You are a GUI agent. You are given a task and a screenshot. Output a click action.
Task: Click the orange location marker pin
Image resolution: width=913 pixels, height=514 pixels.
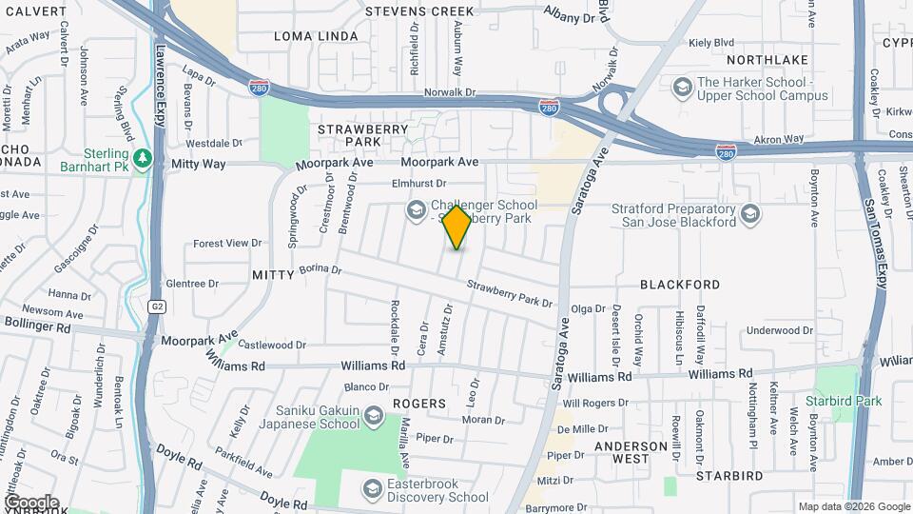coord(457,227)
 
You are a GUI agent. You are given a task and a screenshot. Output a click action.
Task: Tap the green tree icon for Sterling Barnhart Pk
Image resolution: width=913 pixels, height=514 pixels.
coord(144,157)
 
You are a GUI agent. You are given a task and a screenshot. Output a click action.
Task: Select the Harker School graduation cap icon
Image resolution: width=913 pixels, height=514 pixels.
coord(681,89)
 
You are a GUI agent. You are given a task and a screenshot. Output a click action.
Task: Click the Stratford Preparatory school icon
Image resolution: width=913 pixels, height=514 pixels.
coord(749,213)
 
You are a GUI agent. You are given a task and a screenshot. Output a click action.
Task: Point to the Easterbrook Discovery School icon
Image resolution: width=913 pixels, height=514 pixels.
coord(372,489)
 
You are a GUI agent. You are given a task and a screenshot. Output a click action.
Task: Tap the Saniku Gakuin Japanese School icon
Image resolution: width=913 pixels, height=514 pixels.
coord(374,416)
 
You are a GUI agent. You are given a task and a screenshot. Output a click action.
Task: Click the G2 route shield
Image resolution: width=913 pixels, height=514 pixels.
coord(156,306)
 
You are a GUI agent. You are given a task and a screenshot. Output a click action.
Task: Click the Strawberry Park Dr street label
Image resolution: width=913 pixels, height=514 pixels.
coord(509,294)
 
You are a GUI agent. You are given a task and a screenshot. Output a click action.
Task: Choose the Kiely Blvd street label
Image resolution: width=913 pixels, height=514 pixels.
coord(712,43)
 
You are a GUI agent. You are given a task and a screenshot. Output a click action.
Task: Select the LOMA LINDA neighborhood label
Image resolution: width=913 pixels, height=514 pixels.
coord(316,36)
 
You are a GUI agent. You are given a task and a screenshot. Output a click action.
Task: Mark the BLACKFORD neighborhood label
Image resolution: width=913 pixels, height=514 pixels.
coord(680,285)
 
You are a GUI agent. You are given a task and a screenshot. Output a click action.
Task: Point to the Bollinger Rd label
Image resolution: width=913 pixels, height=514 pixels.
coord(37,326)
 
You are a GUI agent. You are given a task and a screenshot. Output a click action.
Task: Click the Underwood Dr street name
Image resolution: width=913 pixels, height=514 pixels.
coord(780,330)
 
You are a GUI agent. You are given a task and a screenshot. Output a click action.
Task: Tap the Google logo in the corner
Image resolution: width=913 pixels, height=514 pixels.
coord(30,502)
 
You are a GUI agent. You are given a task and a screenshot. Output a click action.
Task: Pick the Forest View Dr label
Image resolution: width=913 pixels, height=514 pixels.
coord(226,244)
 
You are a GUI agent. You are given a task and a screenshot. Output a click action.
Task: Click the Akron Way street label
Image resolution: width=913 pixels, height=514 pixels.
coord(778,139)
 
